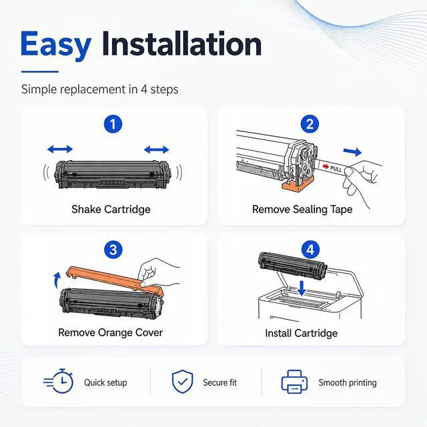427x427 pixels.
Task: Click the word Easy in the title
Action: tap(56, 45)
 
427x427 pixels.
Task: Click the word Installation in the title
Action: tap(181, 43)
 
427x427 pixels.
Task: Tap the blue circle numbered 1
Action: tap(113, 124)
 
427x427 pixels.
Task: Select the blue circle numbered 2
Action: tap(310, 124)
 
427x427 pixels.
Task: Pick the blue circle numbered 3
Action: tap(113, 250)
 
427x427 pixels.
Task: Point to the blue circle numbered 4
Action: tap(310, 250)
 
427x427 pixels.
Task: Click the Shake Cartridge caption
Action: tap(111, 209)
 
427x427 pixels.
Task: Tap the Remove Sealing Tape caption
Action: tap(302, 209)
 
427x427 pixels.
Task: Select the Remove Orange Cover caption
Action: tap(110, 332)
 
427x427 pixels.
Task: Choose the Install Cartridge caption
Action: tap(301, 333)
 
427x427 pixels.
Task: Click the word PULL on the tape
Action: tap(336, 169)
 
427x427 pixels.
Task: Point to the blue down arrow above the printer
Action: tap(302, 289)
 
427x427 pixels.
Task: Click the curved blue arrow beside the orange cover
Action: tap(56, 280)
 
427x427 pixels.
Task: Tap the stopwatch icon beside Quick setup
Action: tap(59, 381)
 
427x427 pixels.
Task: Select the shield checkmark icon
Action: tap(182, 382)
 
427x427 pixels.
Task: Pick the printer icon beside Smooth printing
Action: tap(294, 382)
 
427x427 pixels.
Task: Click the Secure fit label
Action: tap(220, 382)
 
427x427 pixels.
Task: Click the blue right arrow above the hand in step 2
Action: tap(352, 152)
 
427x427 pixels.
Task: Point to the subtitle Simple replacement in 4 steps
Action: tap(99, 89)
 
